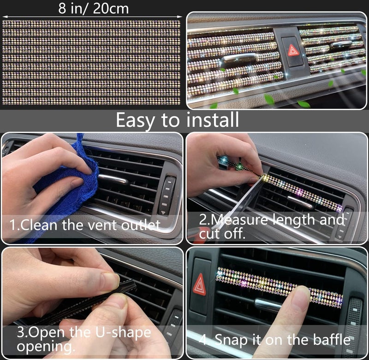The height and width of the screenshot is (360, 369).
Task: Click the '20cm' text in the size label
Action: coord(111,8)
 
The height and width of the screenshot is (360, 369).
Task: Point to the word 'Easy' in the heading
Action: coord(135,120)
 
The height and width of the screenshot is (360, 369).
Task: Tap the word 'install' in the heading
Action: coord(213,120)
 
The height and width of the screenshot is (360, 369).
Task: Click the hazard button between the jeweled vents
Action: coord(292,51)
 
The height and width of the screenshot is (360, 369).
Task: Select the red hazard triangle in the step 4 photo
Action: coord(199,285)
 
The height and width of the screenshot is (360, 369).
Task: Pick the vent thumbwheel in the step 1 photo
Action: coord(167,195)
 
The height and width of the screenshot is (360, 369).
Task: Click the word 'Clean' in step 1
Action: coord(39,225)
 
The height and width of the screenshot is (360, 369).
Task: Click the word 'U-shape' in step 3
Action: coord(123,333)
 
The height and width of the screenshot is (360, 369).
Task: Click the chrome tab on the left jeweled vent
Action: coord(239,57)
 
